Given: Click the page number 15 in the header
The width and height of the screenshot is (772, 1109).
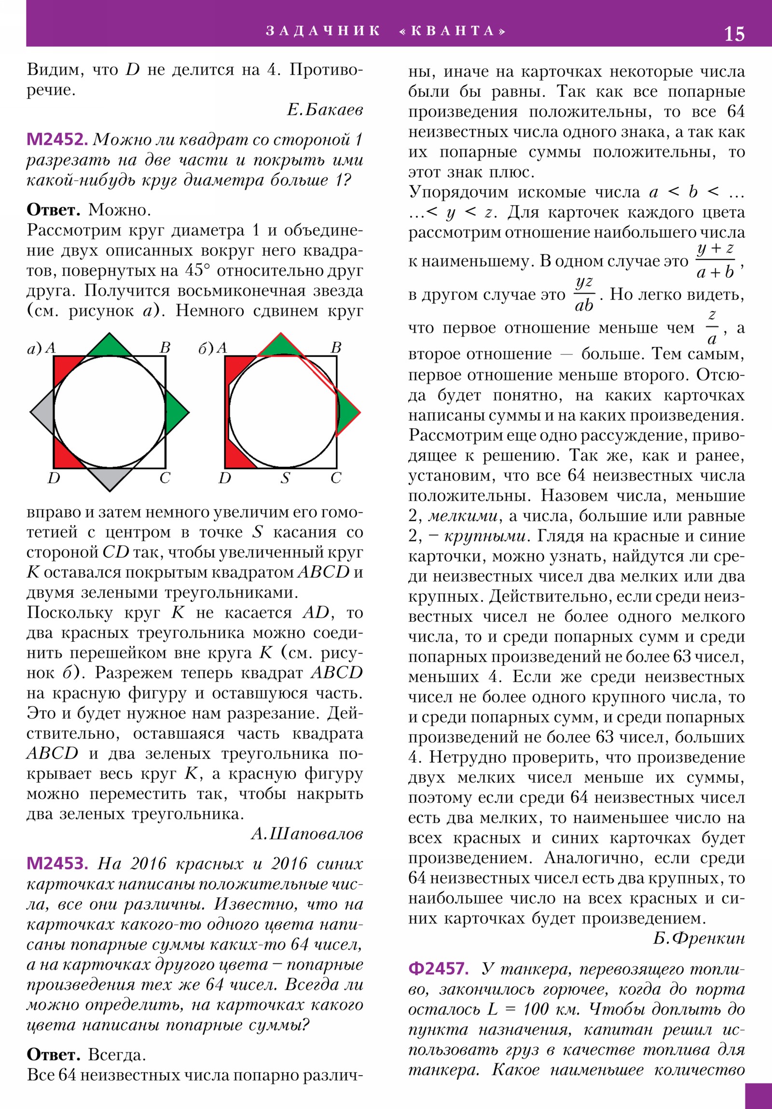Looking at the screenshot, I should click(734, 34).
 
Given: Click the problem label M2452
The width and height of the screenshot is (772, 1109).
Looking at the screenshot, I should click(57, 140).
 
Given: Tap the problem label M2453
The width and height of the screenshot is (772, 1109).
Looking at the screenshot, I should click(57, 863).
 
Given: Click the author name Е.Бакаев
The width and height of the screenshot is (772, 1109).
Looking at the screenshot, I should click(325, 110).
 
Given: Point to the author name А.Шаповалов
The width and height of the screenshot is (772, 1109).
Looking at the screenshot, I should click(307, 834).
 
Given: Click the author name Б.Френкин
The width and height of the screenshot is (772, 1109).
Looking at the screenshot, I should click(699, 938).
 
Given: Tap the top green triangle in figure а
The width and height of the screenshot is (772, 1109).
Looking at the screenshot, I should click(109, 346).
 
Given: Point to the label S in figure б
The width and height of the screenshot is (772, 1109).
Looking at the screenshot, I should click(285, 478).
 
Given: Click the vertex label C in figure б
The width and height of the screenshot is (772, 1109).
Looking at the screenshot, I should click(336, 478).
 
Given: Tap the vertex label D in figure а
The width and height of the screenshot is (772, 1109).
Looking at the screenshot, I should click(53, 478).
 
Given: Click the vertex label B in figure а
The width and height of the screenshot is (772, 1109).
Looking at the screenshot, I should click(165, 348).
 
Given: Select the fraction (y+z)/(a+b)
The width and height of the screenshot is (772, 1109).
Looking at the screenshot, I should click(716, 261).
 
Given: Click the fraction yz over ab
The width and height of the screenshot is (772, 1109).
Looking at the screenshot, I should click(584, 294).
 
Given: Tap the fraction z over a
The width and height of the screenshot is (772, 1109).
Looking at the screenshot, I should click(711, 327).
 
